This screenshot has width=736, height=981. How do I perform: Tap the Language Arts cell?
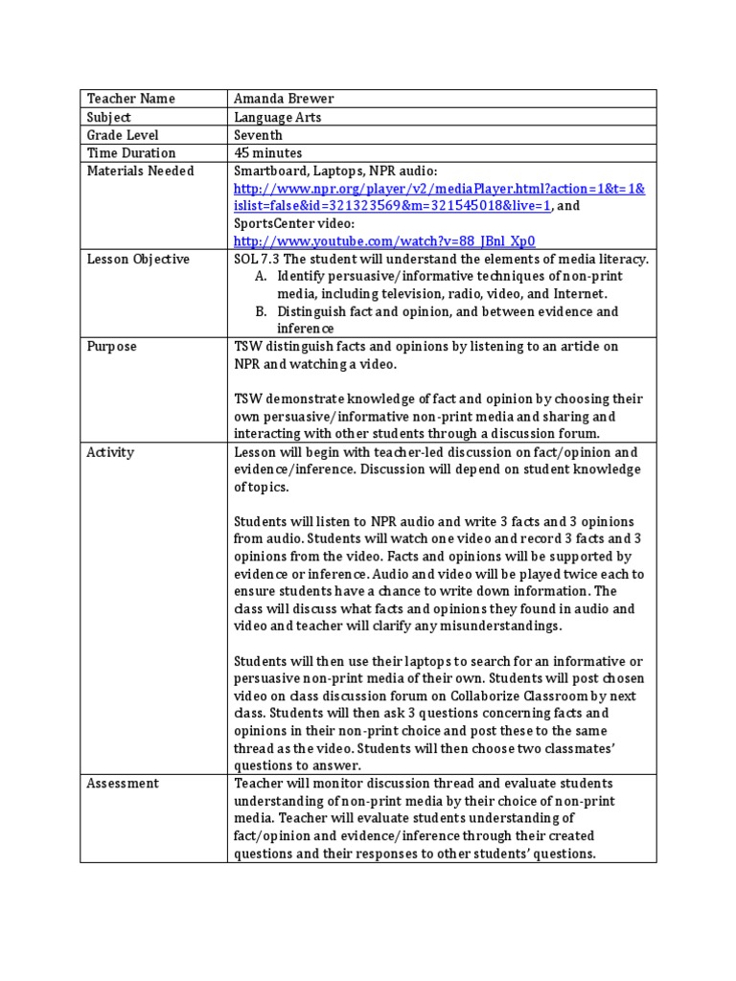278,117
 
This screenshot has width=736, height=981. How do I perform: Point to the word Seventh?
258,135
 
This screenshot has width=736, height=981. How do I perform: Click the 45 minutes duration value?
267,153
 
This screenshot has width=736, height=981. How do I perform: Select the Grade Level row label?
123,135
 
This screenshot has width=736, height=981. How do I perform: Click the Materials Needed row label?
140,171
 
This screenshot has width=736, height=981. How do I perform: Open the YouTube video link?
384,242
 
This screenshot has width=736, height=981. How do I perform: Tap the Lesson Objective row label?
138,260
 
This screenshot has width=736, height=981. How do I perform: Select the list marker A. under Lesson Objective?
261,277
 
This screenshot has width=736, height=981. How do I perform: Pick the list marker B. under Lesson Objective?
261,312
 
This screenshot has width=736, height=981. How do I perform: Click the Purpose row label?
112,347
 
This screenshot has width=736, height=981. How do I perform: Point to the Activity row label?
111,452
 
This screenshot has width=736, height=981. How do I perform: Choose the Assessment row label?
123,784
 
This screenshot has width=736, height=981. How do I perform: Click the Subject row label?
108,117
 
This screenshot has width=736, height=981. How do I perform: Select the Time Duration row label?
131,153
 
